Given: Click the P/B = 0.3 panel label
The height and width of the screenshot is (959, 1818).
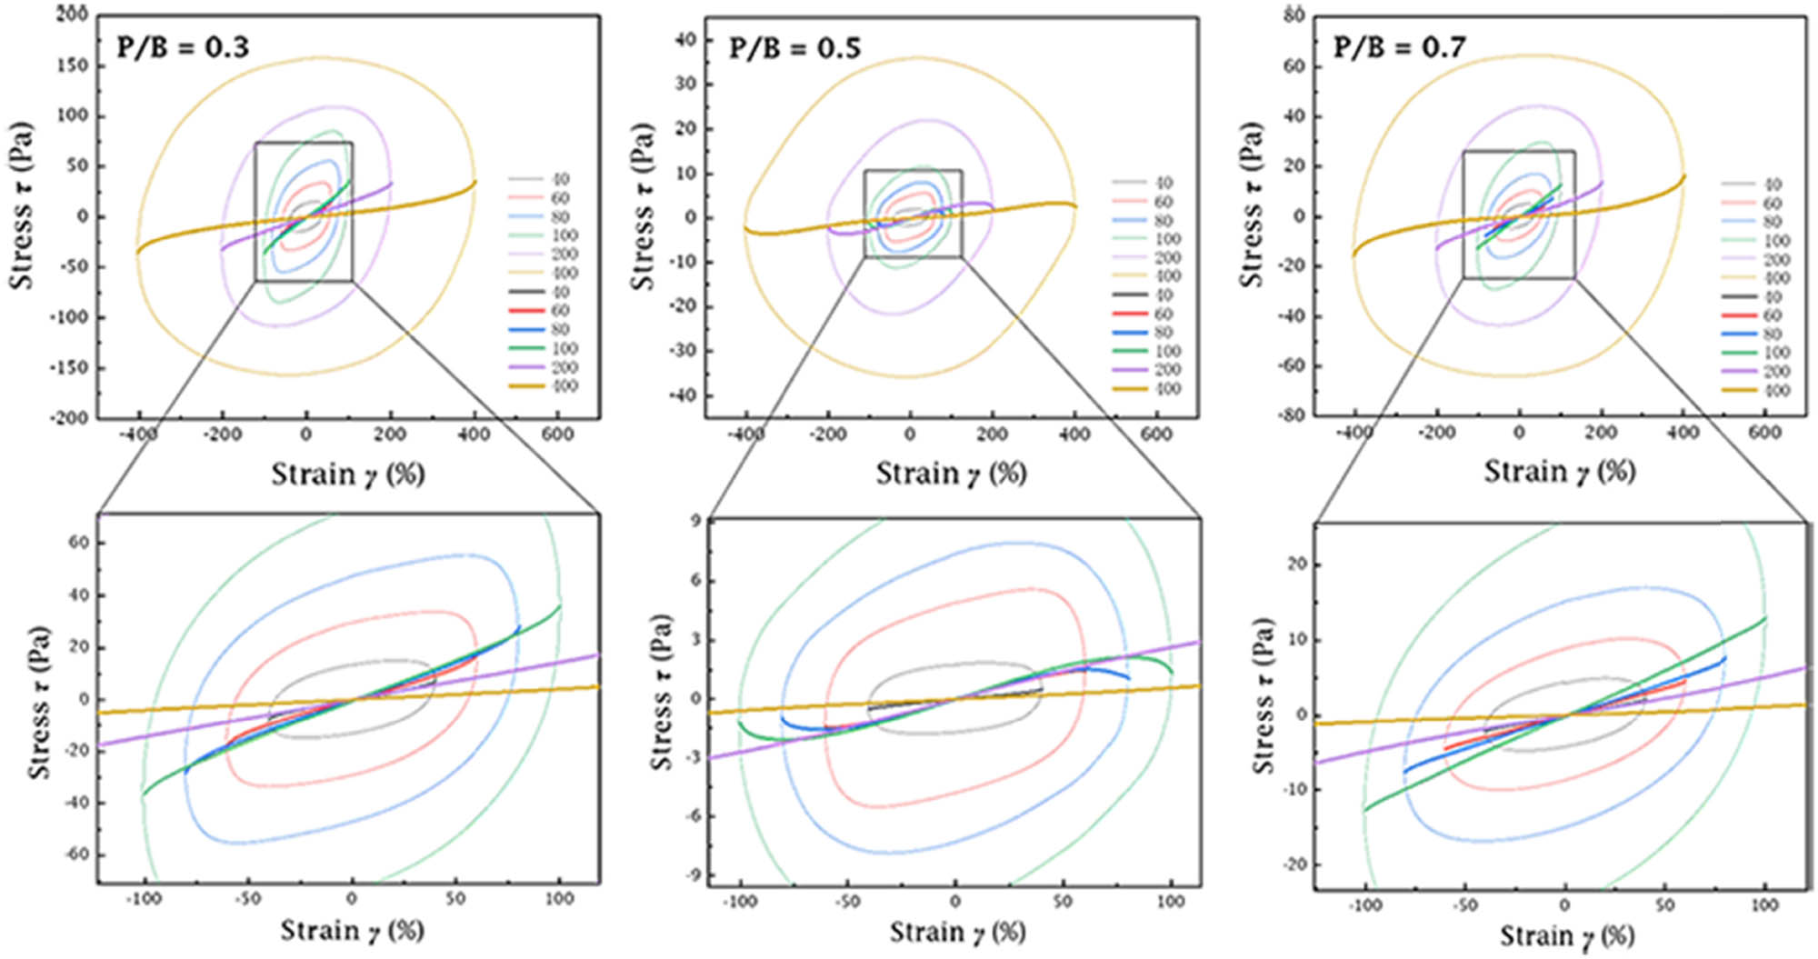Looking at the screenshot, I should coord(182,46).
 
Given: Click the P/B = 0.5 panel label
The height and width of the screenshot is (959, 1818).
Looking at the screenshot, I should coord(794,48).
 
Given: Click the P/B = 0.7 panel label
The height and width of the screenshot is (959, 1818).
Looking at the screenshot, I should coord(1399,46).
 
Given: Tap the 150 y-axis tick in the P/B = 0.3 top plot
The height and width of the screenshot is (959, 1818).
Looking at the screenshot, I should coord(72,65).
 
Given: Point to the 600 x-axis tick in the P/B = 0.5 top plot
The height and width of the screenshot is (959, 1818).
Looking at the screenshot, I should coord(1155,435).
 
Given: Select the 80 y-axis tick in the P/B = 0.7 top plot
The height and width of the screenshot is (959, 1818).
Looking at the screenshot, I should coord(1294,15).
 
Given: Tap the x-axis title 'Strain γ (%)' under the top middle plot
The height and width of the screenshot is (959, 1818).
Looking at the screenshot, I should coord(951,474).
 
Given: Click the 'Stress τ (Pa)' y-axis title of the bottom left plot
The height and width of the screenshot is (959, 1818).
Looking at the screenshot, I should coord(38,702).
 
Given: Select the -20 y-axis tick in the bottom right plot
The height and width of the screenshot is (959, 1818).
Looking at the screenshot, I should coord(1294,864).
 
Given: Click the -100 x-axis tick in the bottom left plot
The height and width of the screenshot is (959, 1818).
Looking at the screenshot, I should coord(143,899).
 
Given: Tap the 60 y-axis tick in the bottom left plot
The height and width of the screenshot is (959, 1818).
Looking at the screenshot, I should coord(79,543).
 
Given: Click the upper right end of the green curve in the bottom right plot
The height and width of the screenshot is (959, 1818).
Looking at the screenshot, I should coord(1765,618).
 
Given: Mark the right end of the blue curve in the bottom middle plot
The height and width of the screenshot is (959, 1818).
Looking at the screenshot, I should coord(1129,678).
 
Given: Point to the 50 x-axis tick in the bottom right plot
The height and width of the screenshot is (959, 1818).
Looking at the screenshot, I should coord(1664,905).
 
